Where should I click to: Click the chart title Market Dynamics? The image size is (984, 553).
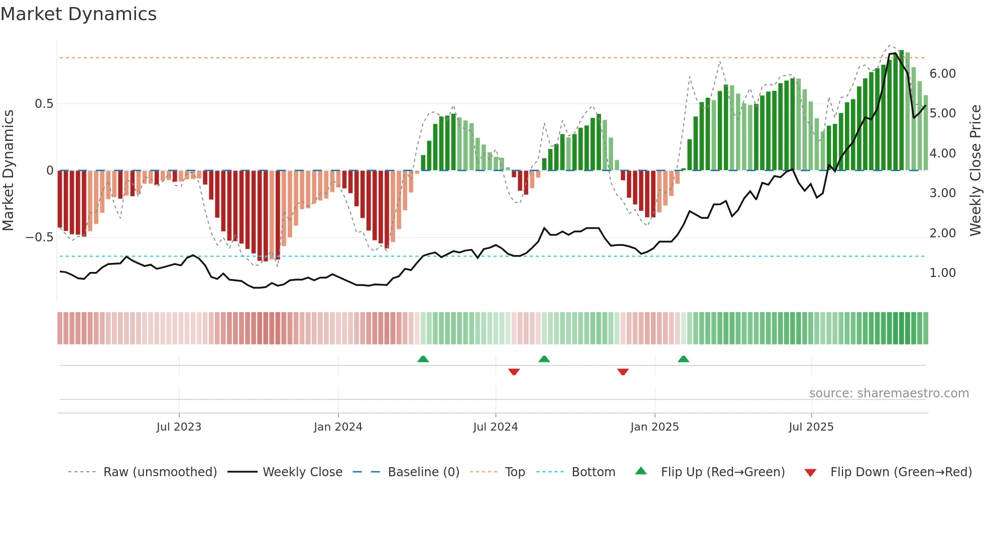[78, 14]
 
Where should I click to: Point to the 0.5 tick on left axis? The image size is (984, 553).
[44, 104]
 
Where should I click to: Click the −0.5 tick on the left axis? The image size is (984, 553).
[40, 237]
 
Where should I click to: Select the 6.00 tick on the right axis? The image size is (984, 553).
[942, 74]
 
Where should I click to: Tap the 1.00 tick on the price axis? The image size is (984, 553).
[942, 273]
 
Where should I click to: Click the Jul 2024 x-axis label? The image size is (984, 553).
[495, 427]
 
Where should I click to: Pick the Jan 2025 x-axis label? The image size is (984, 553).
[654, 427]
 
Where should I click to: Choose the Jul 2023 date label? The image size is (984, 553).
[178, 427]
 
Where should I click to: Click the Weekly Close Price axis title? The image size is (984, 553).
[975, 171]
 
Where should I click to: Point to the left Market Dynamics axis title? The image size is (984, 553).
[8, 171]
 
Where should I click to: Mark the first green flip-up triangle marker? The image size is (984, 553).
[423, 359]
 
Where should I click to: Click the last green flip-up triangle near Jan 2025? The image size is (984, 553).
[683, 359]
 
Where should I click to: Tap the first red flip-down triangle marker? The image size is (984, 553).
[514, 372]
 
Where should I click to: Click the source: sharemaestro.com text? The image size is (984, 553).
[889, 393]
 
